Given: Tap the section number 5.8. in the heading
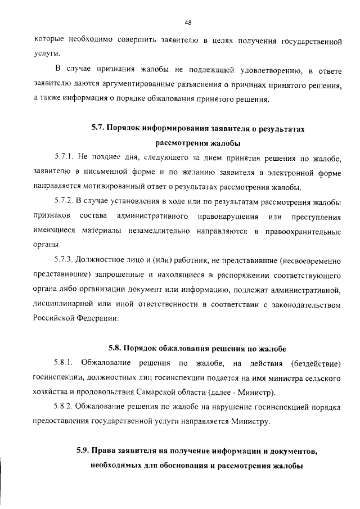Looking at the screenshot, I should [x=116, y=345].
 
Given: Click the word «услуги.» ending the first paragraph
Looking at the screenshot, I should [x=46, y=55].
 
